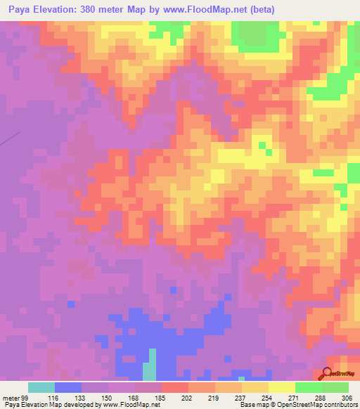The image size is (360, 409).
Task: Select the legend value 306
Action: pos(345,397)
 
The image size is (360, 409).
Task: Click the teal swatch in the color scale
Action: pos(41,387)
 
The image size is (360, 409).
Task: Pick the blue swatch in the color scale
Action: pos(68,387)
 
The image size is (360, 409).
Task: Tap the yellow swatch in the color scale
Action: pos(281,387)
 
